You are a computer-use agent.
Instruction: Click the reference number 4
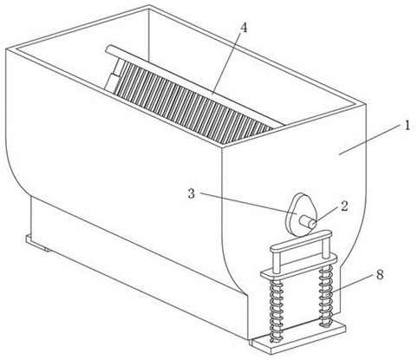point(244,28)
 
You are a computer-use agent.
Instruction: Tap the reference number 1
point(407,126)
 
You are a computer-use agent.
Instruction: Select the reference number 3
point(192,194)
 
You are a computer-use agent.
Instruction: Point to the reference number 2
point(344,206)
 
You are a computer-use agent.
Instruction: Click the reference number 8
point(380,275)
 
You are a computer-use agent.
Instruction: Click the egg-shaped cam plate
point(299,214)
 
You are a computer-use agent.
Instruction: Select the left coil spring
point(276,311)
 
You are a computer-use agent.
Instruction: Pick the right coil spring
point(326,296)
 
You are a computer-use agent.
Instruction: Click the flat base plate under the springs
point(300,338)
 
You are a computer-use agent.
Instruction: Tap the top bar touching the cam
point(301,241)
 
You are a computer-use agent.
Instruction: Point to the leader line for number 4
point(228,63)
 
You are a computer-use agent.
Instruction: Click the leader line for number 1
point(371,140)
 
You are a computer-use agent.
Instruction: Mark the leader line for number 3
point(249,203)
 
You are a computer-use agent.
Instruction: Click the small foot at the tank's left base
point(37,243)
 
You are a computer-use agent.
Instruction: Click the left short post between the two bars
point(276,262)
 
